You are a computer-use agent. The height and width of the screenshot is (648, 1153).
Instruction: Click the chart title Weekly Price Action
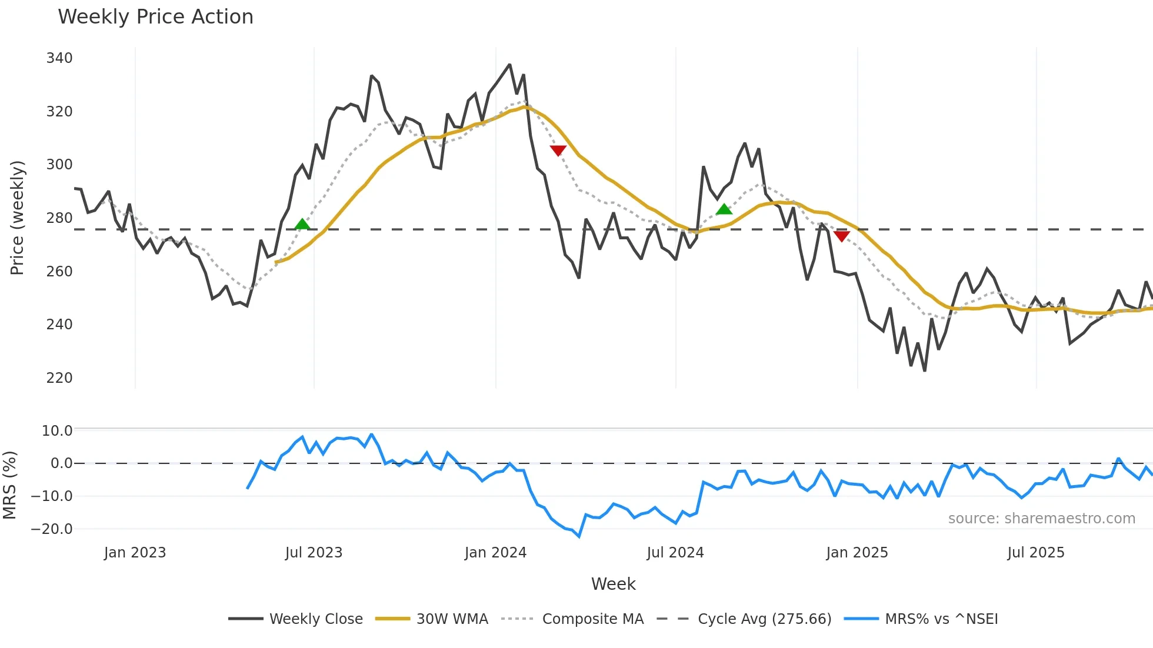point(155,17)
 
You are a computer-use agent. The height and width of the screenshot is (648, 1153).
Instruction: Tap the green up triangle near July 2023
point(302,224)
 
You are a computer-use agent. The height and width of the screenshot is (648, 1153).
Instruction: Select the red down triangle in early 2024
point(558,151)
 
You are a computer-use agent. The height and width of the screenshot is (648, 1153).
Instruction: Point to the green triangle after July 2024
point(724,209)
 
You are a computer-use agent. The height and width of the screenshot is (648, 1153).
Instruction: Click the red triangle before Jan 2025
point(842,236)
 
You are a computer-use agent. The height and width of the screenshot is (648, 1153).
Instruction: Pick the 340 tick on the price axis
point(59,58)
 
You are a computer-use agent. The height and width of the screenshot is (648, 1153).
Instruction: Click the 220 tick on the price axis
point(59,378)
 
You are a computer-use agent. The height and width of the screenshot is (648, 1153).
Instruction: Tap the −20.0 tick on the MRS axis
point(52,529)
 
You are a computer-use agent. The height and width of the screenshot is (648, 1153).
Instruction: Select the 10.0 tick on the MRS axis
point(57,430)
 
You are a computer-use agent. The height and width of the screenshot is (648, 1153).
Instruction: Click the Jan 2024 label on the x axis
point(495,553)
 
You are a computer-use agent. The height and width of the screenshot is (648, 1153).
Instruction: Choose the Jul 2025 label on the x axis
point(1036,553)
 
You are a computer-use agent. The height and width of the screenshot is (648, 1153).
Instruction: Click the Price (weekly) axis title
point(17,218)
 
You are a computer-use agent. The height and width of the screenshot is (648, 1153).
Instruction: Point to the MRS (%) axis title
point(9,485)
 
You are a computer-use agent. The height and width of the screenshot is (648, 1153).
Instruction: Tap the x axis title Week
point(613,584)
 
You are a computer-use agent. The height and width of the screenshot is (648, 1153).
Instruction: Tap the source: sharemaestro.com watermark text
point(1041,519)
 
